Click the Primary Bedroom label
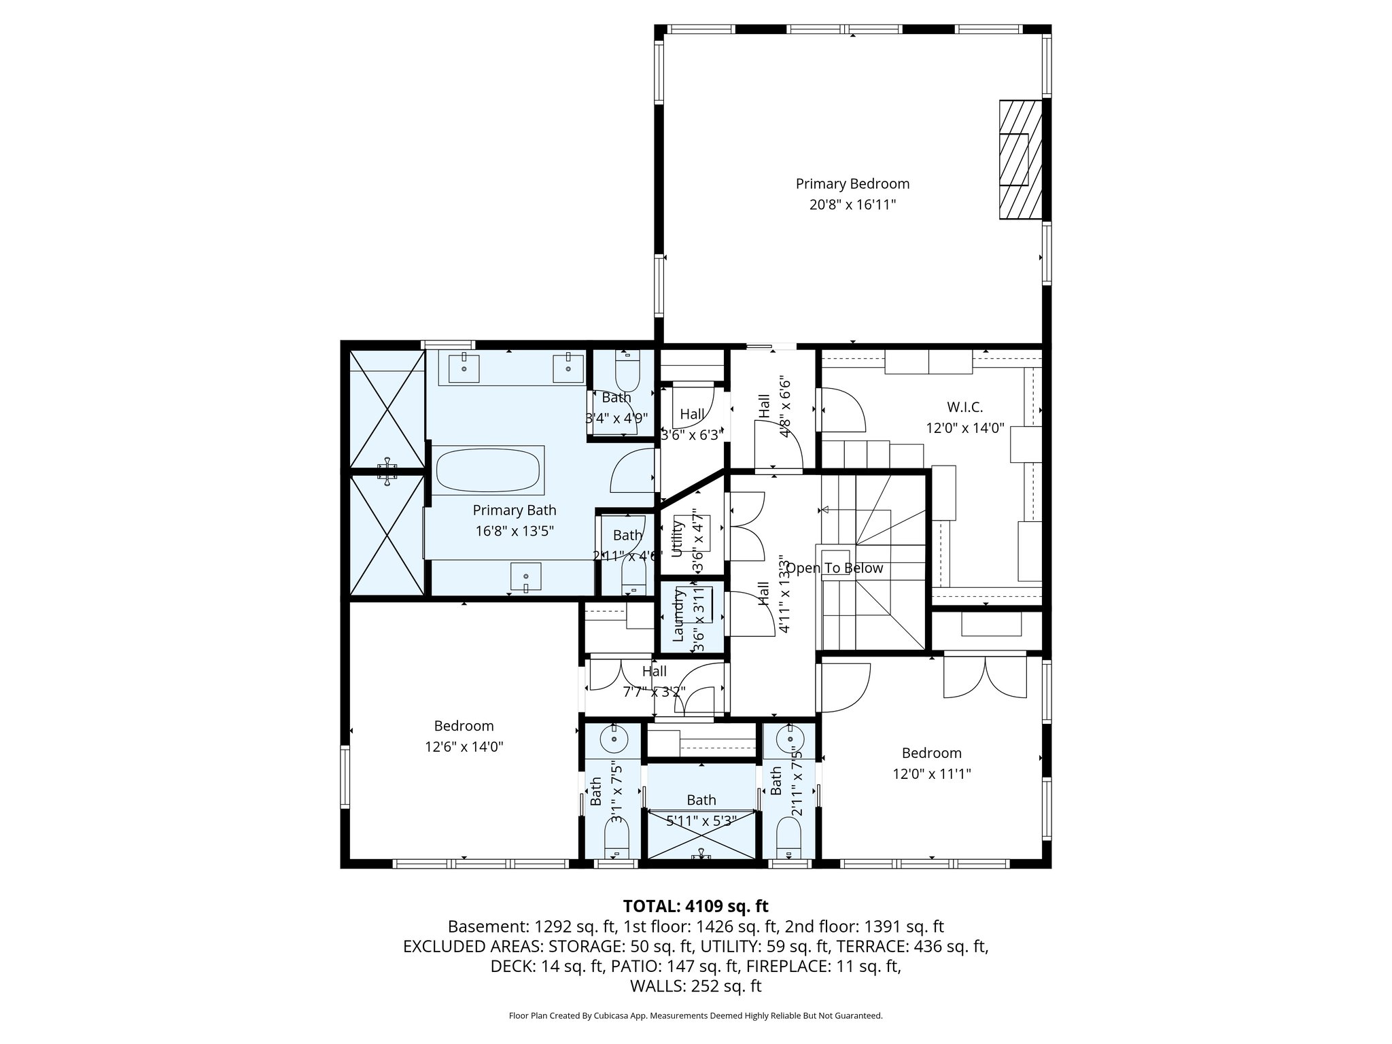point(852,184)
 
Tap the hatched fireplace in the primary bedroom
point(1020,160)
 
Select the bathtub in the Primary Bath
point(487,470)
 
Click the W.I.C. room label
point(964,407)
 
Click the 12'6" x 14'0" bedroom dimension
point(464,747)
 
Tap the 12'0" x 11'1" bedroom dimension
point(931,773)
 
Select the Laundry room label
point(678,615)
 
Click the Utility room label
point(677,538)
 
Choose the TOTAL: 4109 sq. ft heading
point(695,906)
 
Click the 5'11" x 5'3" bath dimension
point(701,821)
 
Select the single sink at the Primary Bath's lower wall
point(526,578)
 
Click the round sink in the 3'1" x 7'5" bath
point(614,738)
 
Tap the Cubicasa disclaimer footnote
point(695,1015)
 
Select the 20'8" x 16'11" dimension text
point(852,205)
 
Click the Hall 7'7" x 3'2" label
point(654,682)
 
